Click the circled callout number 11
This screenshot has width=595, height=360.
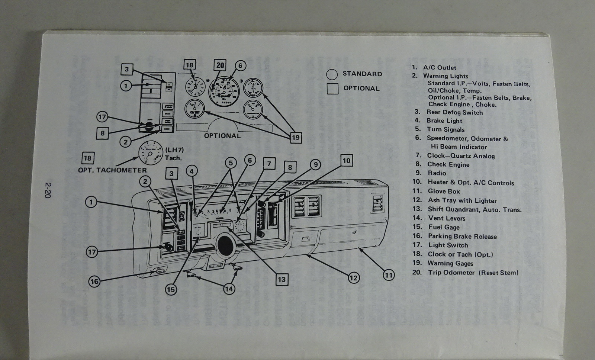pyautogui.click(x=389, y=275)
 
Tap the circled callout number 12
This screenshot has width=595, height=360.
pyautogui.click(x=353, y=277)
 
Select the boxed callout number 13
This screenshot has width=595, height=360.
pyautogui.click(x=282, y=279)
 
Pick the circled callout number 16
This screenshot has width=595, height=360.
pyautogui.click(x=94, y=281)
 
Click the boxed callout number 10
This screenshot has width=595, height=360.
pyautogui.click(x=346, y=161)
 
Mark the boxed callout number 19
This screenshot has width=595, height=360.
pyautogui.click(x=296, y=138)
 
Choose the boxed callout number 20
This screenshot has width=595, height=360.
pyautogui.click(x=221, y=65)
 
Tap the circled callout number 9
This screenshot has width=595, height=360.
pyautogui.click(x=315, y=164)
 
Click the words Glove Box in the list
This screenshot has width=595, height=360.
pyautogui.click(x=444, y=191)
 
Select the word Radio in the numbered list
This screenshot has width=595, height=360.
pyautogui.click(x=437, y=173)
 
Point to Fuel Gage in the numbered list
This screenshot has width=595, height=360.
pyautogui.click(x=444, y=227)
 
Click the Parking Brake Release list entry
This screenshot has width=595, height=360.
pyautogui.click(x=462, y=236)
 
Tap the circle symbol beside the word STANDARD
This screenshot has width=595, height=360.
pyautogui.click(x=332, y=74)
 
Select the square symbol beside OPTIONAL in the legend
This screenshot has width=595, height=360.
pyautogui.click(x=332, y=89)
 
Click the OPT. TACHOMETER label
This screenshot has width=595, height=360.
pyautogui.click(x=112, y=170)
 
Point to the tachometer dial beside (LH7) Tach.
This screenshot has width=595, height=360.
pyautogui.click(x=151, y=152)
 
